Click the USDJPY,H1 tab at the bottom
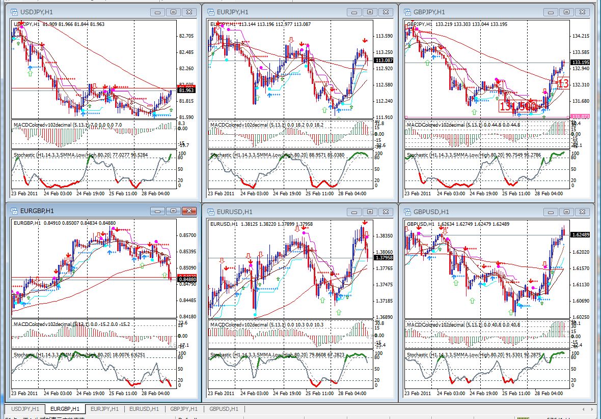tap(25, 409)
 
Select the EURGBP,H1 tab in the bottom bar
tap(65, 409)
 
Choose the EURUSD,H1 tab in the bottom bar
tap(144, 409)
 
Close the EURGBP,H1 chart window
tap(189, 211)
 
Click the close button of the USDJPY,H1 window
tap(189, 12)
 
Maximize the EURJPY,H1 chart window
tap(370, 12)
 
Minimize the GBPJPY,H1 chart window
tap(553, 12)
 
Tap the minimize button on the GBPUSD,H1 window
tap(553, 211)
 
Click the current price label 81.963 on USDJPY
tap(186, 91)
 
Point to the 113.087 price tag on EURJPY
tap(383, 61)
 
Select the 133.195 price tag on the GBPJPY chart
tap(580, 62)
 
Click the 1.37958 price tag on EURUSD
tap(384, 258)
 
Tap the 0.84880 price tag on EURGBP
tap(186, 279)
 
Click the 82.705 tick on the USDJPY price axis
tap(186, 36)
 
